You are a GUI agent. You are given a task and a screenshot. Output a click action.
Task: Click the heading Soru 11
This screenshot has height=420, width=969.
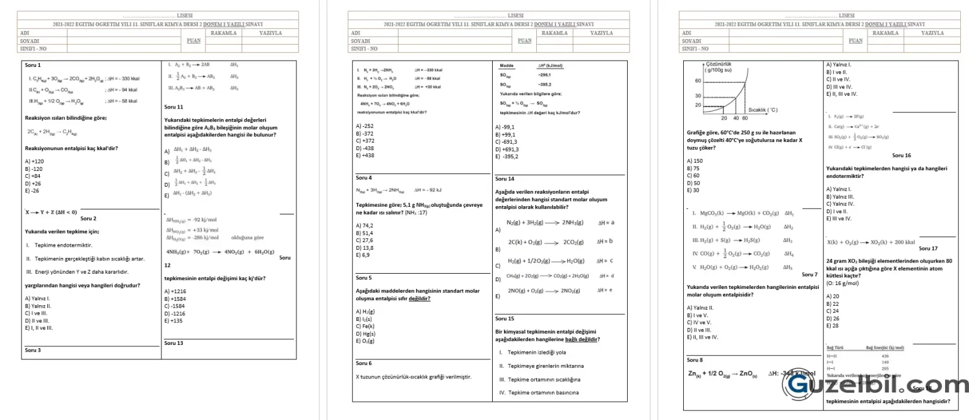[173, 107]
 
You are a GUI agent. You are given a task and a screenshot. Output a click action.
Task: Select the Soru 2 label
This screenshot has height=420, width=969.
[89, 218]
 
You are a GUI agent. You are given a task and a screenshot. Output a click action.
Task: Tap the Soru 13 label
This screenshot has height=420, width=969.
[173, 343]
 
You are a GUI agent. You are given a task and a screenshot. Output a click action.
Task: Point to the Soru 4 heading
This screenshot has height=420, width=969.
[364, 178]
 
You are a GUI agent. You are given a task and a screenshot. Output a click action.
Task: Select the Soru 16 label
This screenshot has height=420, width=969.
[901, 155]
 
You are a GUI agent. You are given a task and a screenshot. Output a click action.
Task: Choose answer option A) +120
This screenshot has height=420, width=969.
[34, 161]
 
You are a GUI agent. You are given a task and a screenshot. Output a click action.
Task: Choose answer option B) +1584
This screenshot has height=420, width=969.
[175, 298]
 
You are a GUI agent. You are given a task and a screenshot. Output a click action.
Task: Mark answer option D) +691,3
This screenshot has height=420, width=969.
[507, 149]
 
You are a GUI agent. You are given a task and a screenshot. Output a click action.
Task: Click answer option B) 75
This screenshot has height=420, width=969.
[693, 168]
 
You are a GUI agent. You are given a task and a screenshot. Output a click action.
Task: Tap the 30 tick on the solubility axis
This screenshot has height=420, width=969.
[698, 95]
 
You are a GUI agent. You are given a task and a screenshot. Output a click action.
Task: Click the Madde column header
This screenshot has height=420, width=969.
[507, 66]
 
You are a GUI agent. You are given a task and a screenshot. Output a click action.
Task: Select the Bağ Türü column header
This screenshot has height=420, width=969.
[836, 347]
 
